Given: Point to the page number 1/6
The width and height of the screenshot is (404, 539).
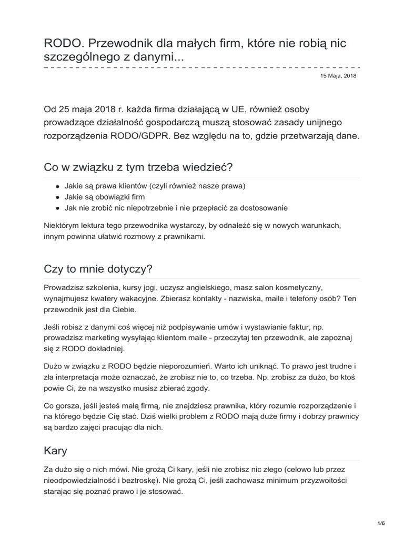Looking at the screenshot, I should (x=381, y=523).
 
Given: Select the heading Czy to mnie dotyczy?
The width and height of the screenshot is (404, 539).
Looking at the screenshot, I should (x=98, y=269).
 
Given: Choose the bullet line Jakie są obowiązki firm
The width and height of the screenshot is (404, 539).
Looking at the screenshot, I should (x=105, y=197).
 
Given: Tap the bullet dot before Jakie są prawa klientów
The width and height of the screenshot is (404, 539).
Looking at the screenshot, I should (x=57, y=186).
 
